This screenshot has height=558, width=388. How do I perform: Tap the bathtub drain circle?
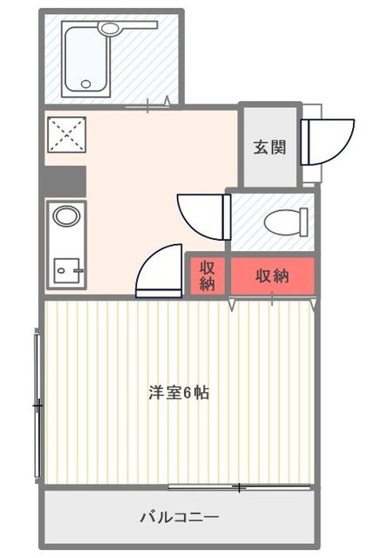pyautogui.click(x=85, y=85)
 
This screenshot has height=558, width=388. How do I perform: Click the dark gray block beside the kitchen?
pyautogui.click(x=64, y=181)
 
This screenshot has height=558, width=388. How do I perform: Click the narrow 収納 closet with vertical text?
pyautogui.click(x=208, y=276)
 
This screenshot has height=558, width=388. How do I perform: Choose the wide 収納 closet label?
pyautogui.click(x=272, y=276)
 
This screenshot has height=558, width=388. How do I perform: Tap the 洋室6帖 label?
pyautogui.click(x=178, y=392)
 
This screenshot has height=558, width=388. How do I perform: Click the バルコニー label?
pyautogui.click(x=180, y=517)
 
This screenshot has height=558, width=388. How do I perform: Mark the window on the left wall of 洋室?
pyautogui.click(x=37, y=404)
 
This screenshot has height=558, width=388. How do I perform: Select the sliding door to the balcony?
pyautogui.click(x=240, y=487)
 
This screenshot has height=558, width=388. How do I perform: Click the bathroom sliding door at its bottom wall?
pyautogui.click(x=148, y=107)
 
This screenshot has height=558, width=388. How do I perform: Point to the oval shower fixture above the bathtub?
pyautogui.click(x=111, y=29)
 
